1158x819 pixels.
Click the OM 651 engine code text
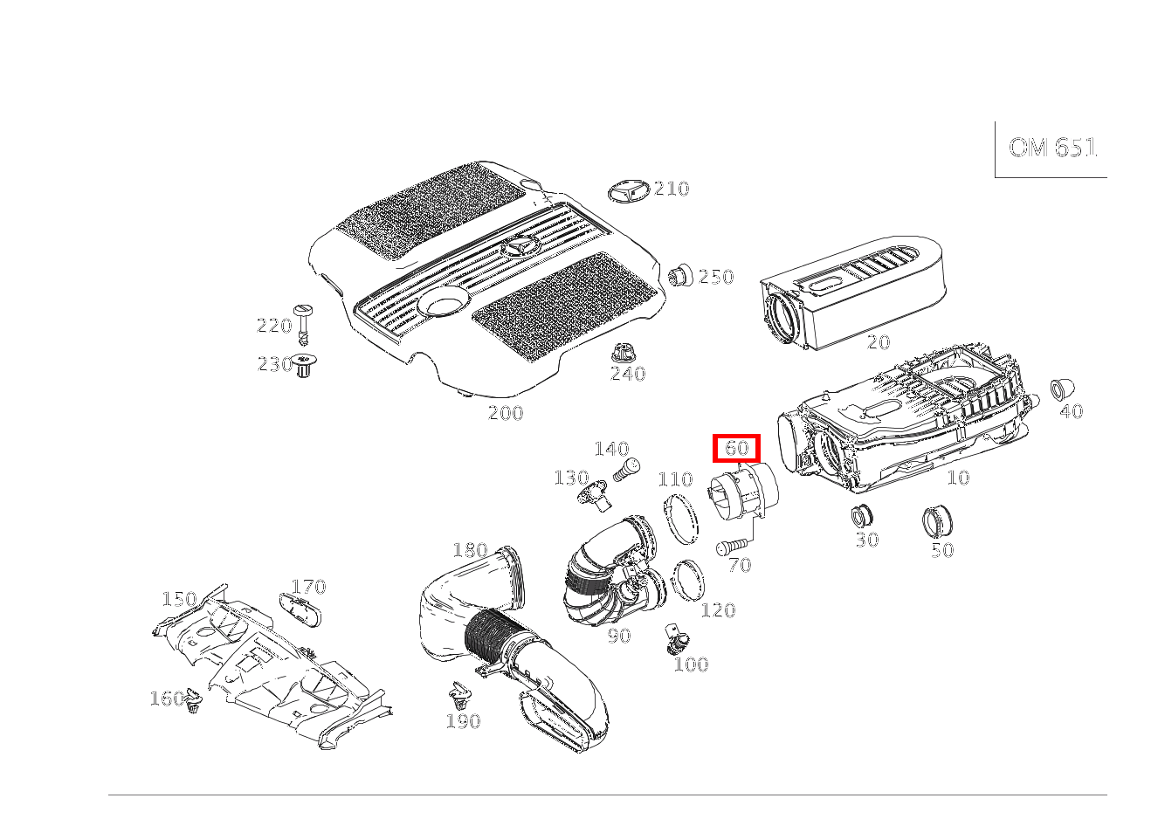(1052, 148)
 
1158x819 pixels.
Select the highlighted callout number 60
(737, 447)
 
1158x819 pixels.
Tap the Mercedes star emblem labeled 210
(628, 191)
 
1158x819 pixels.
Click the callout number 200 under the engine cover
(506, 413)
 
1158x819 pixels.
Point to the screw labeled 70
(732, 547)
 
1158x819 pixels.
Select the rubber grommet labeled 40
(1062, 389)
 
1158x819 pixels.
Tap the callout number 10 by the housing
(958, 478)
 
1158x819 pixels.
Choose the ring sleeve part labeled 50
(937, 521)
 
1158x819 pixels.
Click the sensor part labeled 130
(594, 494)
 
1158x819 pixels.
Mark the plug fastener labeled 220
(303, 325)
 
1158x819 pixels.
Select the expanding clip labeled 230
(304, 365)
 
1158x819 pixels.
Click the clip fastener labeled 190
(460, 695)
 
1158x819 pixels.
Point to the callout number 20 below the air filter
(878, 342)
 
